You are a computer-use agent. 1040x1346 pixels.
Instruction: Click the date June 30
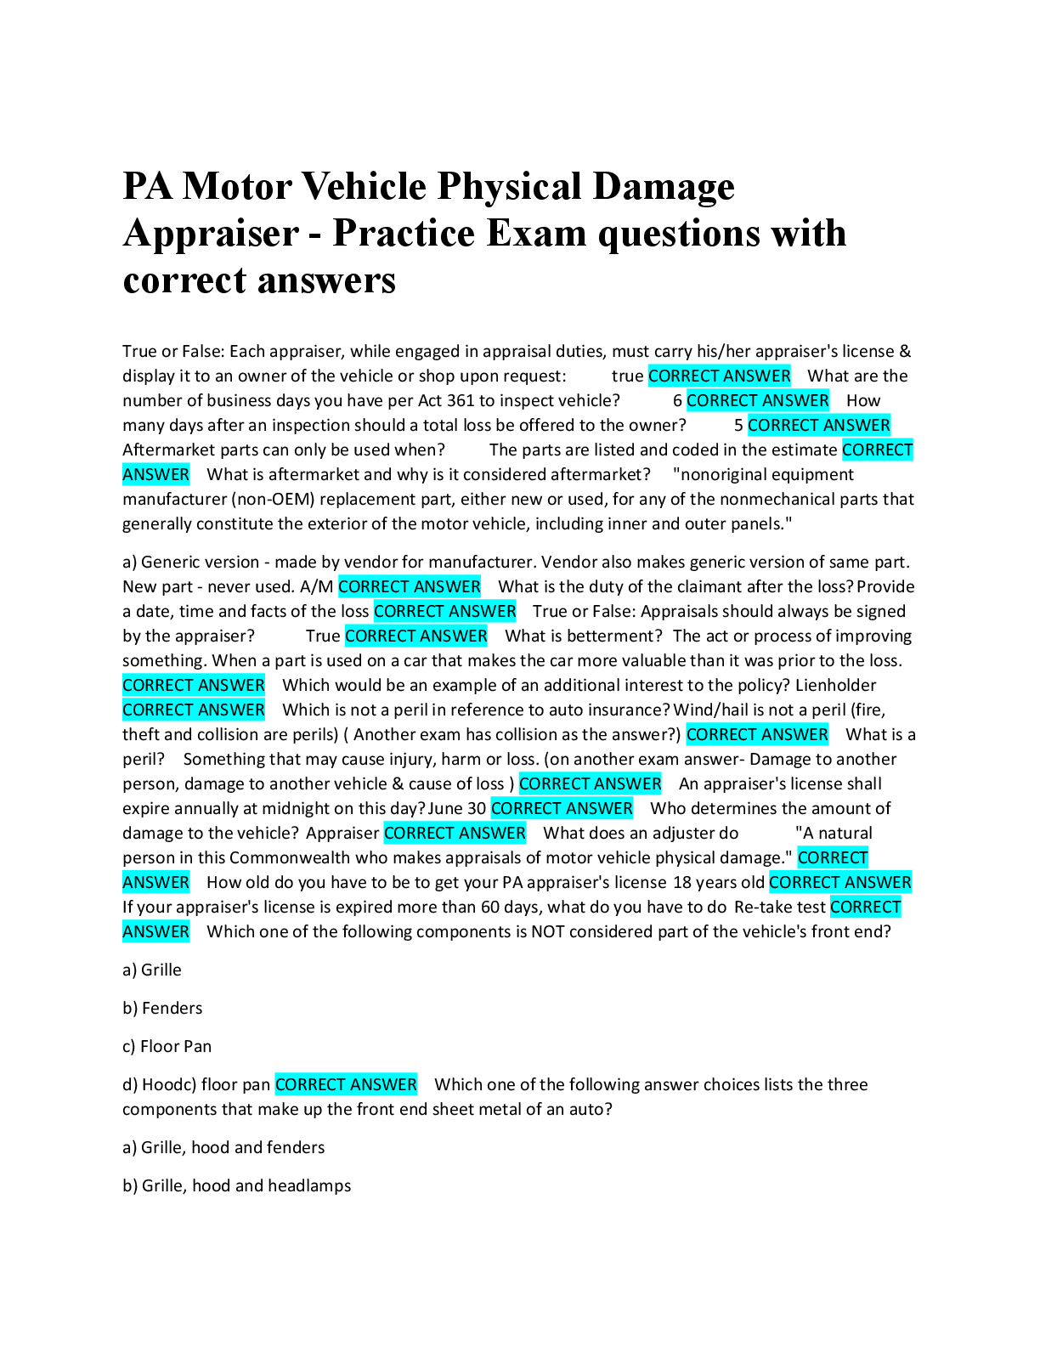457,808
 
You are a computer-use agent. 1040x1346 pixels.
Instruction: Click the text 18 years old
718,882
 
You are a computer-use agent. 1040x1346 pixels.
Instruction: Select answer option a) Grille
152,970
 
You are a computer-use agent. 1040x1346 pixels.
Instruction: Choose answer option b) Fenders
162,1008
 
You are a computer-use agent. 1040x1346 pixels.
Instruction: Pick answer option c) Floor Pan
167,1046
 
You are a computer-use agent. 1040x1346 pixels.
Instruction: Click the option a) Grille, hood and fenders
223,1147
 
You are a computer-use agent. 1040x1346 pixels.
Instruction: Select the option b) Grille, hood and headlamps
236,1185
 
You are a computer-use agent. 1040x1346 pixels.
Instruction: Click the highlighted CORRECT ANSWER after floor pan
346,1084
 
